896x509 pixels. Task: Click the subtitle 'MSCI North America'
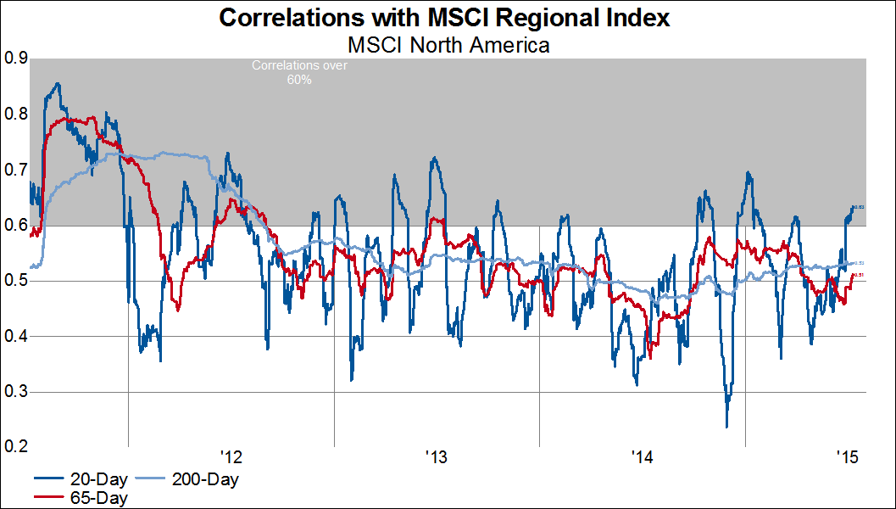pos(448,44)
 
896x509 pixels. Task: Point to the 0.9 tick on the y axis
pos(16,59)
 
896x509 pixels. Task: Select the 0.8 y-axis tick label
pos(16,115)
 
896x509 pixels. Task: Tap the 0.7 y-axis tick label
pos(16,170)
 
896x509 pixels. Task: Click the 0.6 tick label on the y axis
pos(16,226)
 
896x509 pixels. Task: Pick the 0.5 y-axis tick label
pos(16,281)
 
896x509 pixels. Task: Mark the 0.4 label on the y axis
pos(16,337)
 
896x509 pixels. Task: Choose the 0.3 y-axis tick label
pos(16,392)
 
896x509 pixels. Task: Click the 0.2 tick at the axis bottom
pos(16,447)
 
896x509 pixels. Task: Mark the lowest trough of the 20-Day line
pos(726,428)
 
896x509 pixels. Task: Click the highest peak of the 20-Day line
pos(57,83)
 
